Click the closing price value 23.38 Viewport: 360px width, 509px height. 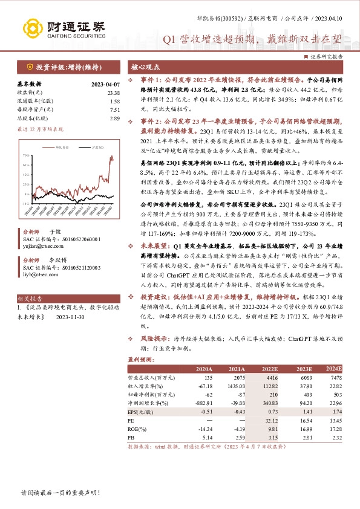tap(113, 92)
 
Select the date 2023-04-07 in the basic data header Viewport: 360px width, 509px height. tap(105, 84)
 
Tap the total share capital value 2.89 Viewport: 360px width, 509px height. tap(115, 118)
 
